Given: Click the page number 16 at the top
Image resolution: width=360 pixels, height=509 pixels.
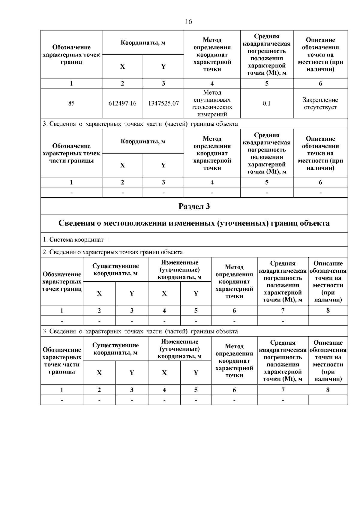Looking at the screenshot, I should [x=189, y=22].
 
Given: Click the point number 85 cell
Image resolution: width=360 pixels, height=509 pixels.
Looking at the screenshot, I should [x=71, y=103].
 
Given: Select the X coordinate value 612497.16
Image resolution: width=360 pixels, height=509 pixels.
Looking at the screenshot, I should [x=122, y=103].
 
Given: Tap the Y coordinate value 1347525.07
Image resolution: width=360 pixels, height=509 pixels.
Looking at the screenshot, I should [x=163, y=103].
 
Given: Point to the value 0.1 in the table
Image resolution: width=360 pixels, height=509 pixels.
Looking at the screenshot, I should [x=267, y=103].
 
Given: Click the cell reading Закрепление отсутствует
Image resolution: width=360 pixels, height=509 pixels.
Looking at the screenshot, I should [x=320, y=103].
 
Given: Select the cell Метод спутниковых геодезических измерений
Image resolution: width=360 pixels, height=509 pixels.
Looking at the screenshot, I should [x=212, y=103].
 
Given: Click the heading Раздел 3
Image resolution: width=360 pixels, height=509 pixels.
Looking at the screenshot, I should [x=194, y=206].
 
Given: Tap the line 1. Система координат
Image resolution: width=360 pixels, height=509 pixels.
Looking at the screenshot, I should [x=76, y=240].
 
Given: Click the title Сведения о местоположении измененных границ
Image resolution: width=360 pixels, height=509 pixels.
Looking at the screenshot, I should [x=194, y=223].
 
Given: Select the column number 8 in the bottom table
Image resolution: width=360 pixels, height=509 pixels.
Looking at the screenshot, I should [x=328, y=390].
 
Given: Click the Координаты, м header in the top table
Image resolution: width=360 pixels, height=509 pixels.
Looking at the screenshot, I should [x=143, y=43].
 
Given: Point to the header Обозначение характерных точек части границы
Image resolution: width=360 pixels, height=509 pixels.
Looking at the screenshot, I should [x=71, y=153].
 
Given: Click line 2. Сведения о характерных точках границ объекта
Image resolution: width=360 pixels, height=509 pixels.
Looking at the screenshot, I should [x=113, y=252].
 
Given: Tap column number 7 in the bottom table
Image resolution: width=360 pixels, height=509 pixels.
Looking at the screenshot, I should [x=283, y=390].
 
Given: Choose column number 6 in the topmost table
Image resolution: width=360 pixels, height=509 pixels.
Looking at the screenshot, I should [x=320, y=83].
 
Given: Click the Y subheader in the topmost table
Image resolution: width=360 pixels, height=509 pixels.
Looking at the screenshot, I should [x=163, y=67].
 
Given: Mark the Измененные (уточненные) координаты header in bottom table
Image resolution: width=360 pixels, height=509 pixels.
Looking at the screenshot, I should [x=180, y=349].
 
